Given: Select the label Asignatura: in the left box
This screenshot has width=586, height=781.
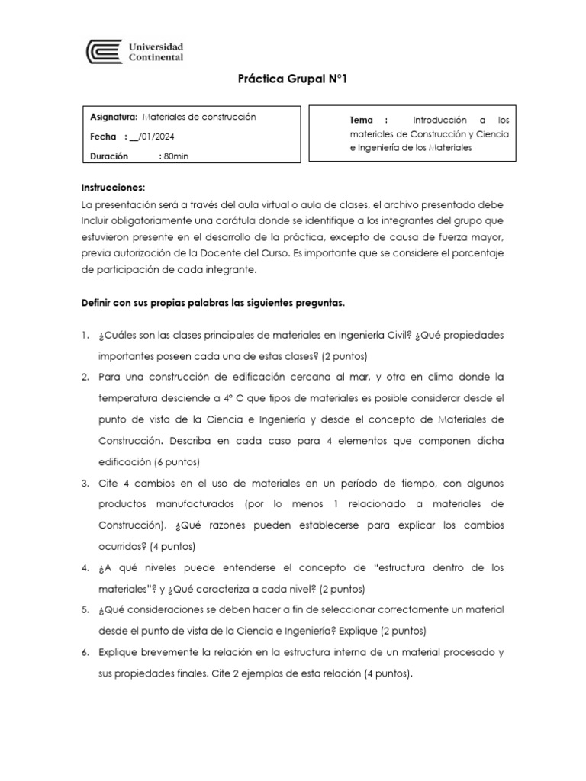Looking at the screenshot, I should coord(114,117).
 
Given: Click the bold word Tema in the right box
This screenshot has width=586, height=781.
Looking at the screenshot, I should coord(362,120).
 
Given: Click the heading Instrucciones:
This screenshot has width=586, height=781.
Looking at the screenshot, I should coord(112,188).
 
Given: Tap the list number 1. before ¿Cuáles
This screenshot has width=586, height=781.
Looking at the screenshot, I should coord(86,336).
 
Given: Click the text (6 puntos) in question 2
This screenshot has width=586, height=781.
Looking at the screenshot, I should coord(178,462).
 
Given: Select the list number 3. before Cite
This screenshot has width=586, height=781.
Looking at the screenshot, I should coord(86,484).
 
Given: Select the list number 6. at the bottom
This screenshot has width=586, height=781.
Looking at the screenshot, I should coord(86,652).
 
